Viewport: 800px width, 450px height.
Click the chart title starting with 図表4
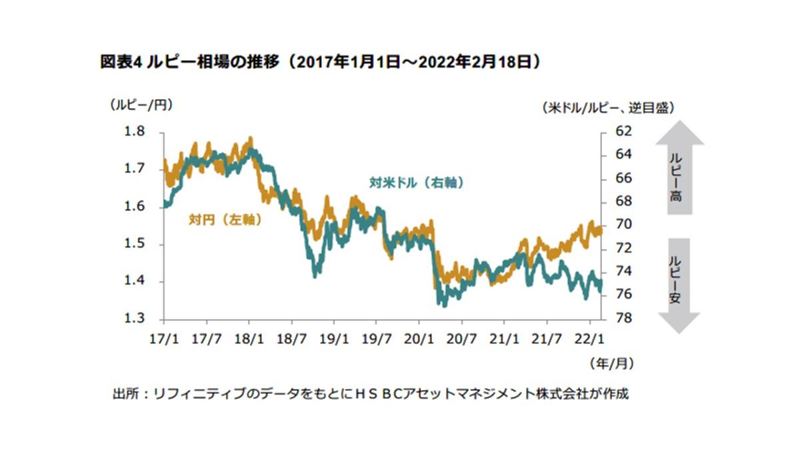[319, 63]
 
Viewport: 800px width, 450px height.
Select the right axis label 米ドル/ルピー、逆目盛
[607, 107]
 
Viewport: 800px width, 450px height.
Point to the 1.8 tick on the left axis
[135, 131]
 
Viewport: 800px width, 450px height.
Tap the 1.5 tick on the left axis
[135, 244]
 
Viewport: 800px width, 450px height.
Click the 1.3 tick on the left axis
[135, 319]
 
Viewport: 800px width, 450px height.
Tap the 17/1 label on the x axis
[164, 338]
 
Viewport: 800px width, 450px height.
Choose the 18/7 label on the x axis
[292, 338]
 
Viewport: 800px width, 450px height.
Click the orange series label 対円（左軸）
[224, 219]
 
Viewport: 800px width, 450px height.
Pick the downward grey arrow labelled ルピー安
[679, 284]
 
